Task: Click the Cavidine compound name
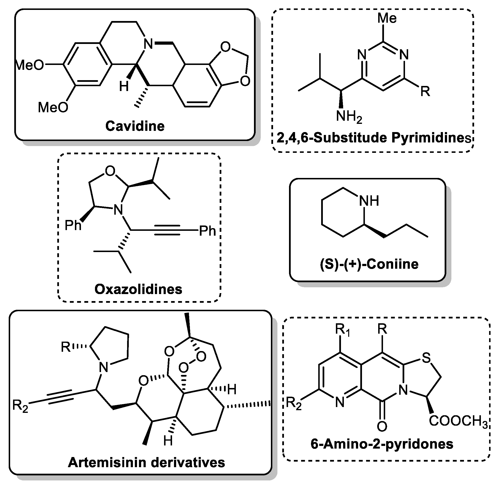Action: click(135, 126)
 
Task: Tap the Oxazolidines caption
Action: click(138, 289)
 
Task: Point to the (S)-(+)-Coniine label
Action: click(369, 264)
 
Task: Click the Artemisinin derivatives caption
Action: click(146, 462)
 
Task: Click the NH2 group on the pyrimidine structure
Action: click(349, 117)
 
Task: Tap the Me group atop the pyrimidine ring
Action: click(387, 18)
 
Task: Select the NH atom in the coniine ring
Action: click(369, 201)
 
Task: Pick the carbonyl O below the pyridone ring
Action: click(382, 426)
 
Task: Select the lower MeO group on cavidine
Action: click(53, 107)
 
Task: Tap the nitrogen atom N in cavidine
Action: click(148, 44)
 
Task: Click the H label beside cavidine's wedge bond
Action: click(124, 86)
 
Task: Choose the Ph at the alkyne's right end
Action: click(207, 231)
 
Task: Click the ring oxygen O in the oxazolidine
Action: click(110, 171)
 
